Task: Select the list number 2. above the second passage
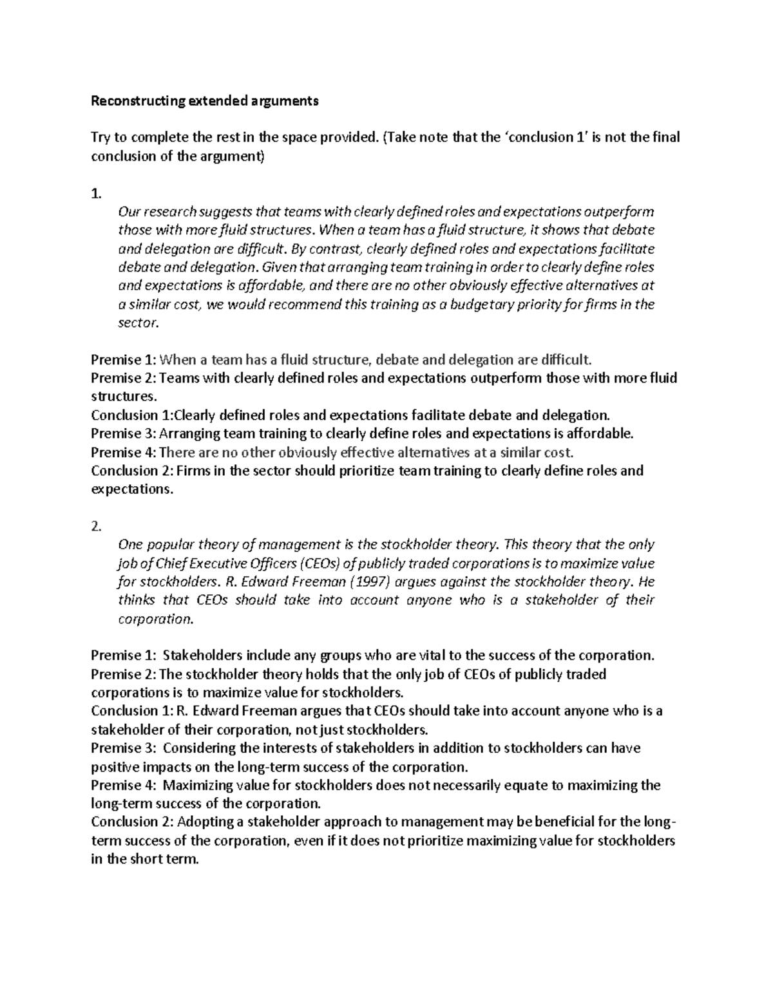[96, 526]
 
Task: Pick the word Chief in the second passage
[168, 563]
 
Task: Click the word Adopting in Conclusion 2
[204, 822]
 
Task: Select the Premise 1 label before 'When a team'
[124, 359]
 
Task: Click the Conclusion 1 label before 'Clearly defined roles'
[132, 415]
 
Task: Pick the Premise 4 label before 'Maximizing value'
[124, 786]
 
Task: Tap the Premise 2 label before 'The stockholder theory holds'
[124, 674]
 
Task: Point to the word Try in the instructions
[100, 137]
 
